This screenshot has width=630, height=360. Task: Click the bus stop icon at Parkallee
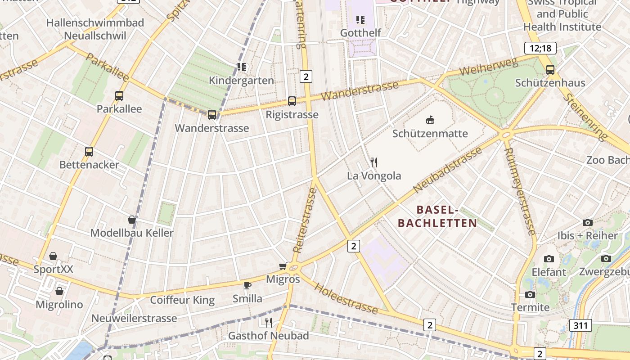(x=119, y=95)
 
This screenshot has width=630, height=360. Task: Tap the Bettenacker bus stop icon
(x=89, y=151)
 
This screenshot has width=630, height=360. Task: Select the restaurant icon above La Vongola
(x=374, y=162)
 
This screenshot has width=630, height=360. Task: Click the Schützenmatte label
(x=430, y=133)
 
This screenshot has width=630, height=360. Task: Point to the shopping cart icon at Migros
(x=283, y=266)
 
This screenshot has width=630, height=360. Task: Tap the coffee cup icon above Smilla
(x=247, y=285)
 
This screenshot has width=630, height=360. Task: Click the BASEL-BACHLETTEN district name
(x=437, y=216)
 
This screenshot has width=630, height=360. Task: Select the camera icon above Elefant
(x=549, y=259)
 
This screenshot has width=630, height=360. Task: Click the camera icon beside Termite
(x=530, y=294)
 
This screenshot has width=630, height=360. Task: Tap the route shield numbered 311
(x=580, y=325)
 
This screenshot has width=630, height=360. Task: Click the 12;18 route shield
(x=540, y=48)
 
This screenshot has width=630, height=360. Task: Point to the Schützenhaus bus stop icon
(x=550, y=69)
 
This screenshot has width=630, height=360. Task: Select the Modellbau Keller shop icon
(x=132, y=220)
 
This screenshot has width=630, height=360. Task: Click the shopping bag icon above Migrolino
(x=59, y=291)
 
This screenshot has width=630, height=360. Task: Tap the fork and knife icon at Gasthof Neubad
(x=269, y=322)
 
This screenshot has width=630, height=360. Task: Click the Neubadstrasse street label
(x=448, y=168)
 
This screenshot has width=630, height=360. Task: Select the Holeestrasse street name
(x=346, y=298)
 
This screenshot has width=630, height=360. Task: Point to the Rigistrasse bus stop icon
(x=292, y=101)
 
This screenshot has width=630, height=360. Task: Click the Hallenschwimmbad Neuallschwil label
(x=95, y=29)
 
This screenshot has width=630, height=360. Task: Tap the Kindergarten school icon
(x=242, y=67)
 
